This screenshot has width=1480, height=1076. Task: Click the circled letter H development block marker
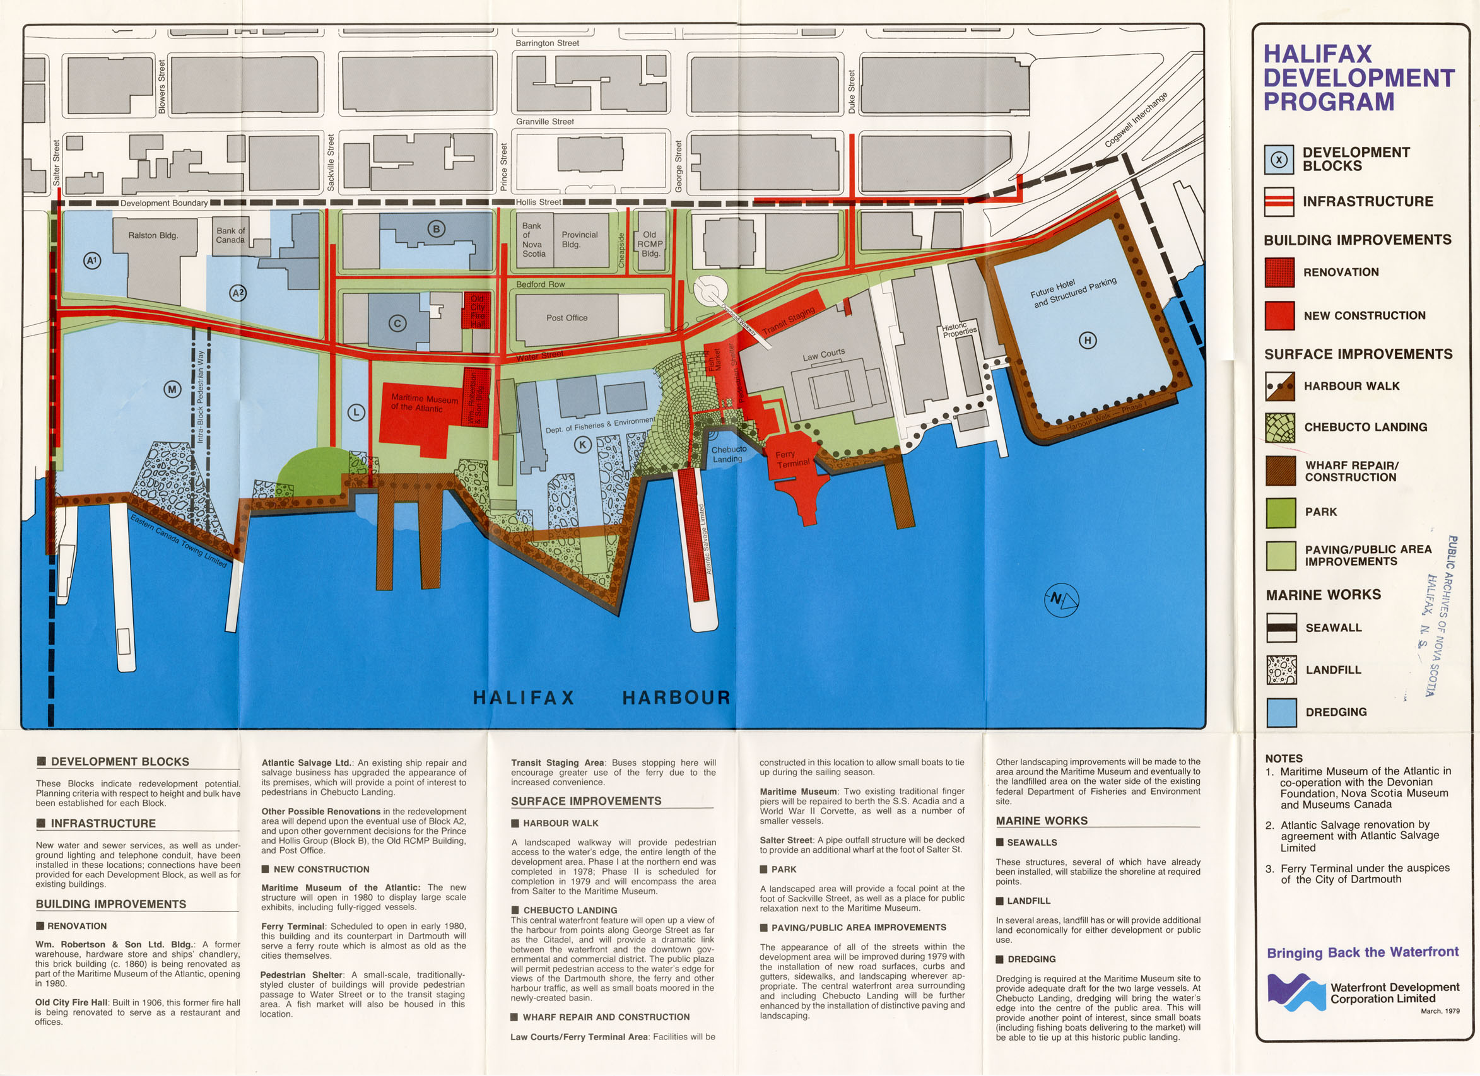(x=1087, y=340)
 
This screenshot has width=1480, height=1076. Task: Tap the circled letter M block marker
(x=172, y=390)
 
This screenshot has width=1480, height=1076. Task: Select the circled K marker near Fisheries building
(x=582, y=445)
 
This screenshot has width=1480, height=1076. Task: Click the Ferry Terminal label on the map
(x=792, y=459)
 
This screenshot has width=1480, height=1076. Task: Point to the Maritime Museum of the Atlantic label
(x=423, y=402)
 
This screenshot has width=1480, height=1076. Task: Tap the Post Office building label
(x=567, y=318)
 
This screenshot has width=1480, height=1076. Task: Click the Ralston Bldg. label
(x=153, y=235)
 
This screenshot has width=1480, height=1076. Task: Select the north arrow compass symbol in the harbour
(x=1061, y=599)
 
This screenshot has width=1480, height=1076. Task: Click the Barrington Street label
(x=547, y=43)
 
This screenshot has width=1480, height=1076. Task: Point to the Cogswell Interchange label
(x=1136, y=119)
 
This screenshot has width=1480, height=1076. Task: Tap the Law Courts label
(x=823, y=355)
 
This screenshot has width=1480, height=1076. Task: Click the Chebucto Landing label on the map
(x=728, y=454)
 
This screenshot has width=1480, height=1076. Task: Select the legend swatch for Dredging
(x=1281, y=712)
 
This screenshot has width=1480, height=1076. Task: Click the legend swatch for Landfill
(x=1281, y=669)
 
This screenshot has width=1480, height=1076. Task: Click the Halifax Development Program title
(x=1358, y=78)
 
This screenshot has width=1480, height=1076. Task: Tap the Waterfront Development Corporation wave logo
(x=1295, y=992)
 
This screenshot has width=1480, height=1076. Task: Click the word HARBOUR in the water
(x=676, y=698)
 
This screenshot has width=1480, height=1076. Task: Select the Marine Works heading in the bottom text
(x=1042, y=821)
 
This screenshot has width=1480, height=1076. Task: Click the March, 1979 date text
(x=1440, y=1011)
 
